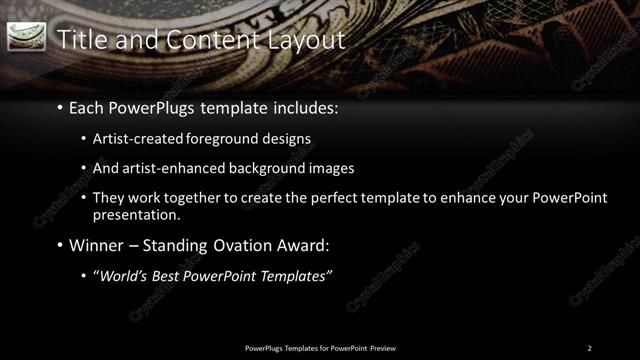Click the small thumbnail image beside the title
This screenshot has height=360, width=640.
(x=26, y=37)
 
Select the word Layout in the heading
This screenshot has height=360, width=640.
(x=305, y=39)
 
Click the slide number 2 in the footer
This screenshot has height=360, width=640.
(x=590, y=348)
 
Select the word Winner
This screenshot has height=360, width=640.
(x=96, y=245)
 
